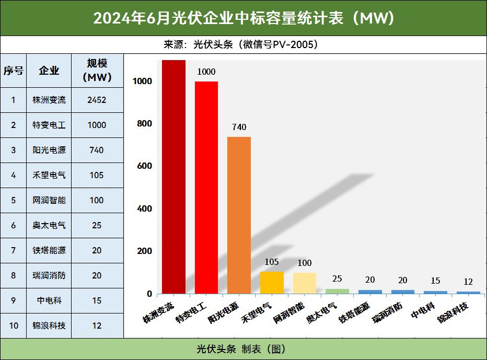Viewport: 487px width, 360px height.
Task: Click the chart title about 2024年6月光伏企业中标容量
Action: [243, 18]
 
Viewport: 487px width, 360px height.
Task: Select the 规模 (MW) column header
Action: [97, 70]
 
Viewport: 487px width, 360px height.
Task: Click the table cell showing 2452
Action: [97, 100]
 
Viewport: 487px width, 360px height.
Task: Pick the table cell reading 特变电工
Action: [49, 125]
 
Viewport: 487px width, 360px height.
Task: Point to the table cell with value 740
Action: [97, 150]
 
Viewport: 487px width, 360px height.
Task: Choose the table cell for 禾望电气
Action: [49, 175]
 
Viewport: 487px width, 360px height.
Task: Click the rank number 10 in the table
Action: [14, 326]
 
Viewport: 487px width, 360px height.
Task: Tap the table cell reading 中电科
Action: [49, 300]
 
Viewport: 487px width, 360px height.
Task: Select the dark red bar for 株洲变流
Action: [173, 178]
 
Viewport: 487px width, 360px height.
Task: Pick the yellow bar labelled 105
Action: [272, 282]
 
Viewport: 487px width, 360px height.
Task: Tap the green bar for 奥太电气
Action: [337, 291]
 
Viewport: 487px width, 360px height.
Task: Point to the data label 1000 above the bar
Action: [206, 72]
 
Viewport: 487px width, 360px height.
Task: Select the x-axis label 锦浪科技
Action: [454, 311]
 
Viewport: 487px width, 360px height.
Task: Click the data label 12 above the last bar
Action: [468, 282]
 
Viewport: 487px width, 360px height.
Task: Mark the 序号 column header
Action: [14, 70]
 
